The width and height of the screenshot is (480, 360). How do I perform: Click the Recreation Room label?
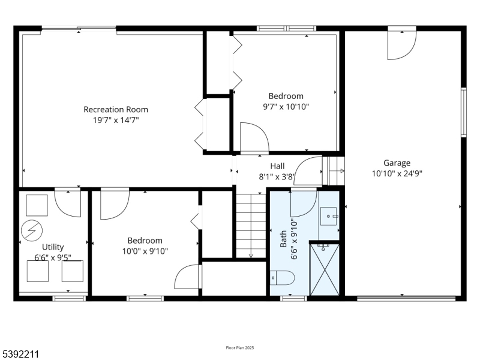coord(115,109)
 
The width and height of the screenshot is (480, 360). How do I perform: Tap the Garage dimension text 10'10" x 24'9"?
coord(397,174)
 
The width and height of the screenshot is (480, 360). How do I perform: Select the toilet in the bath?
coord(282,278)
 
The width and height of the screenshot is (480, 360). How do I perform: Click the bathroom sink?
coord(329,215)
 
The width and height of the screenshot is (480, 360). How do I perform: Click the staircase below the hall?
coord(251,226)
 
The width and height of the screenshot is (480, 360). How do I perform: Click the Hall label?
coord(277,166)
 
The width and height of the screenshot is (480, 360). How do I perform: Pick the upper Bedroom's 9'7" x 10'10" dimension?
coord(286,107)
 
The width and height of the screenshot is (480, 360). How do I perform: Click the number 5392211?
coord(20,355)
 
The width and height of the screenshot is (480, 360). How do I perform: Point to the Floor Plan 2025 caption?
coord(240,348)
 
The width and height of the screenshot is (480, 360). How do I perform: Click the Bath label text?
coord(284,239)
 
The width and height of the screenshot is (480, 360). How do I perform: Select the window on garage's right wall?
coord(463,112)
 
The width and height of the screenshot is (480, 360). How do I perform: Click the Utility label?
coord(53,247)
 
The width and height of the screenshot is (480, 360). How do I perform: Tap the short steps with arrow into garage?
coord(335,171)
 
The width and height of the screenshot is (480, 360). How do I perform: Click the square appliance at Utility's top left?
coord(37,205)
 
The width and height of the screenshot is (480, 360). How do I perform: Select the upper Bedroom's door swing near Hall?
coord(253,137)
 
